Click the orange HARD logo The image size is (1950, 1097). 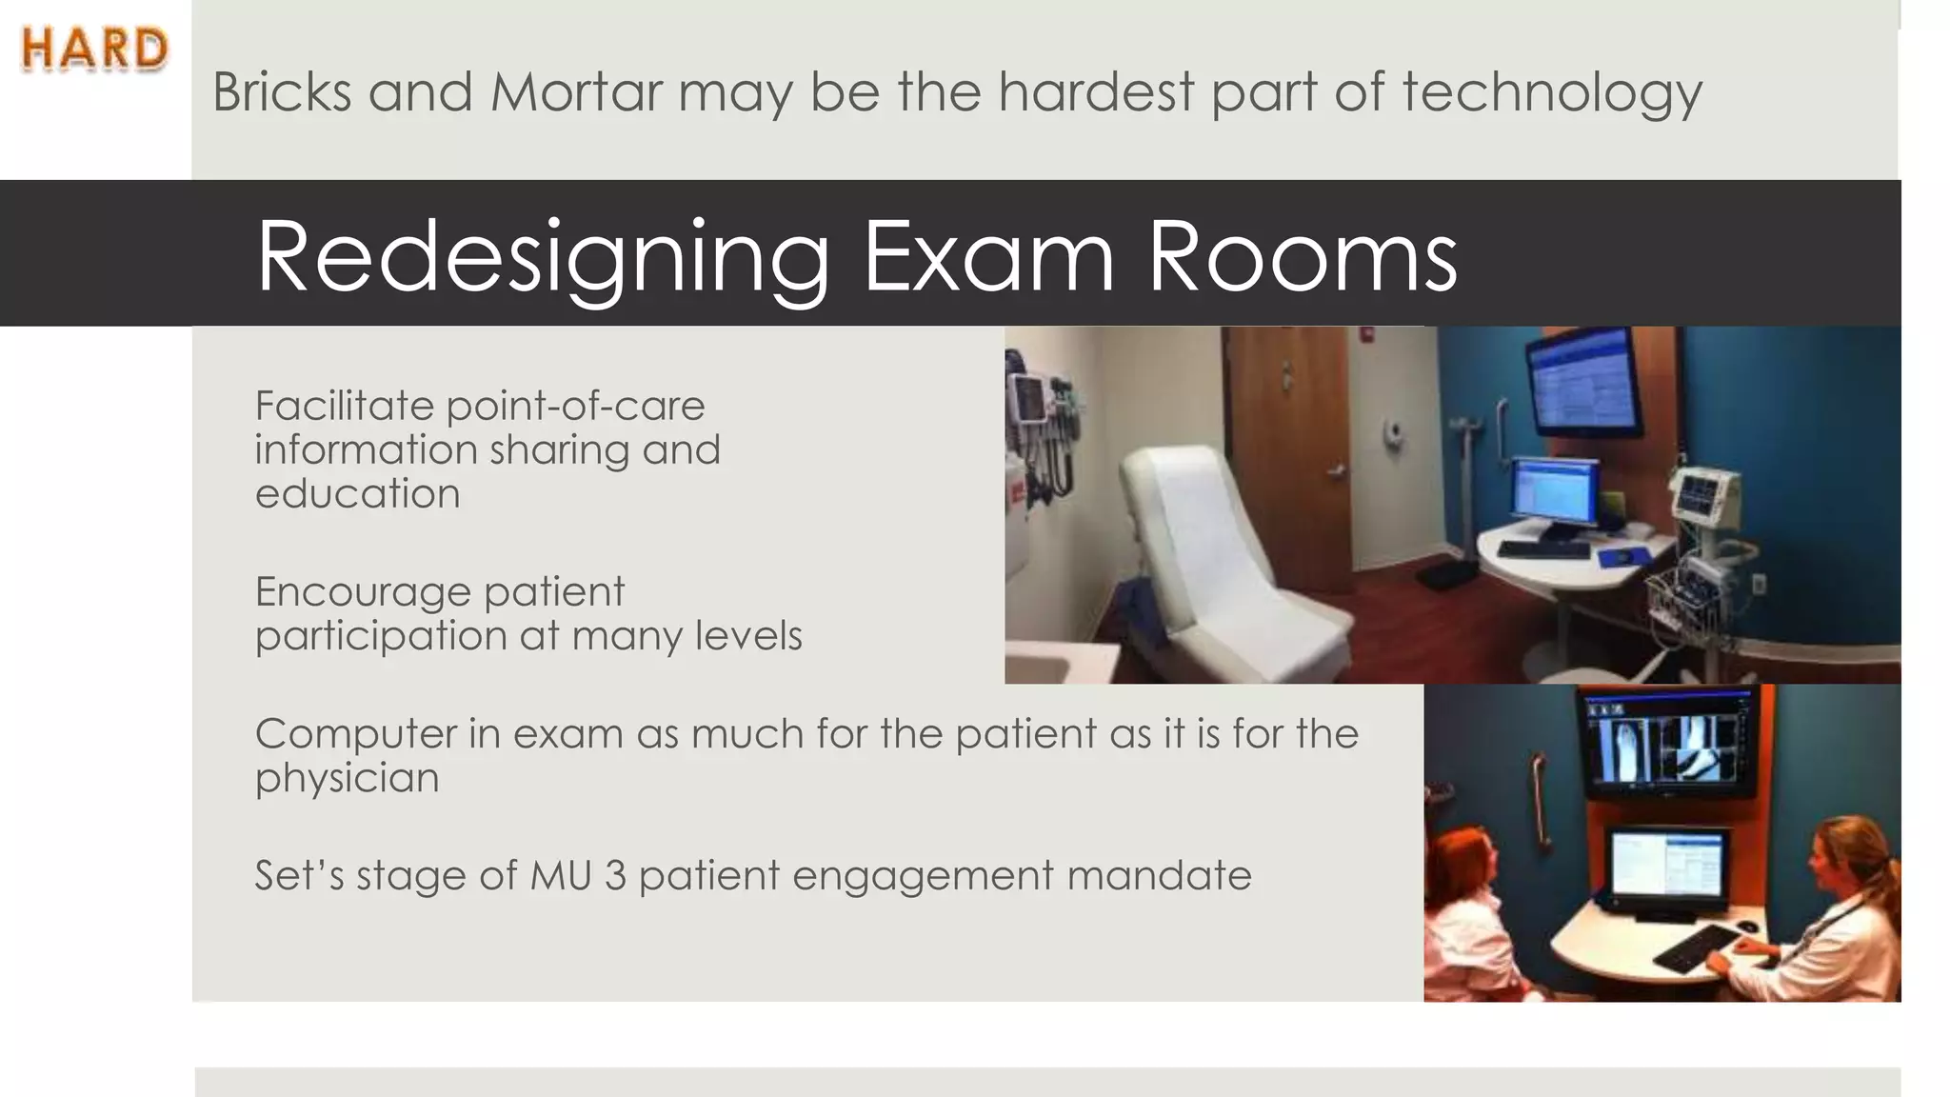click(x=94, y=50)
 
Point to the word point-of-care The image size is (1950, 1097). click(x=575, y=407)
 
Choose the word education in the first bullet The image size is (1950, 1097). click(x=357, y=494)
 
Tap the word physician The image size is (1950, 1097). click(x=347, y=779)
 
